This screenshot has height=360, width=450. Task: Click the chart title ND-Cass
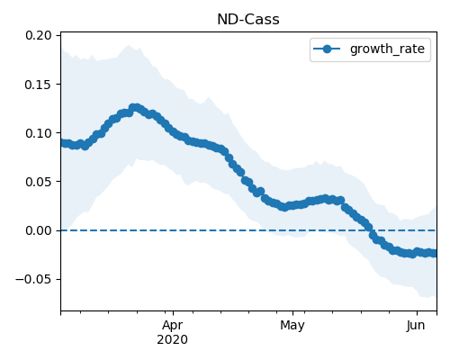tap(248, 20)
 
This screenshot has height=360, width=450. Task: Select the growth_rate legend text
tap(387, 49)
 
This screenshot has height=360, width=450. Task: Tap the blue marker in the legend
tap(327, 49)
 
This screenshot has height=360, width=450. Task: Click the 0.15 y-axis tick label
tap(39, 85)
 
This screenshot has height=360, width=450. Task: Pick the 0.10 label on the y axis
tap(39, 133)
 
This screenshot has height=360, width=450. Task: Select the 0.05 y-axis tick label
tap(39, 182)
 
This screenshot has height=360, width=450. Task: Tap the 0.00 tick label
tap(39, 230)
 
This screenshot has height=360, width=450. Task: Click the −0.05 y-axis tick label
tap(33, 279)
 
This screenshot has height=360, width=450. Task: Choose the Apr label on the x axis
tap(173, 326)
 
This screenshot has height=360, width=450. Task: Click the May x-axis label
tap(292, 326)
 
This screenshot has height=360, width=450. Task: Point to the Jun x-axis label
tap(416, 326)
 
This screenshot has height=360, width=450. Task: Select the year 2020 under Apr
tap(173, 340)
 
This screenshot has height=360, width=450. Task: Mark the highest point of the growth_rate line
tap(136, 108)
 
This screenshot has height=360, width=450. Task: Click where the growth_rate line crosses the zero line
tap(371, 230)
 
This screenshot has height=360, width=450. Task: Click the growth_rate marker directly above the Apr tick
tap(173, 131)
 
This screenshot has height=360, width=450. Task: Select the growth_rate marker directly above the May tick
tap(292, 205)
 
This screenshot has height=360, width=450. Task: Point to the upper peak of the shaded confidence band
tap(129, 45)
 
